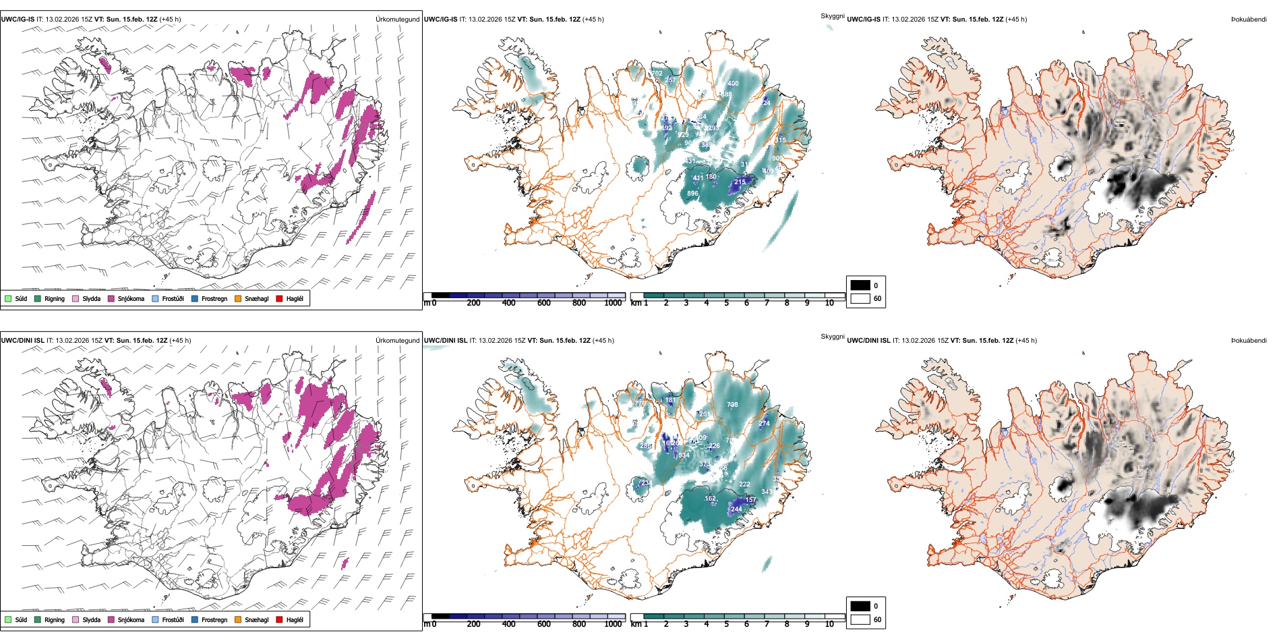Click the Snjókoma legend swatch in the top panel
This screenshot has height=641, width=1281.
[111, 298]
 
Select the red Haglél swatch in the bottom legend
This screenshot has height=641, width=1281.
[280, 619]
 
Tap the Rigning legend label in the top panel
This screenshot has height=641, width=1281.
[55, 298]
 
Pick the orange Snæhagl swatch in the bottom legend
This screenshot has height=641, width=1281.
[238, 619]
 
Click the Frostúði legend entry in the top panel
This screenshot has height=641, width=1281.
[173, 298]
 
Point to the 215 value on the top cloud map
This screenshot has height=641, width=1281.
[740, 182]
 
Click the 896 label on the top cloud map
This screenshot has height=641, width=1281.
[692, 194]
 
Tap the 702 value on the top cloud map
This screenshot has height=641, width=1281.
[656, 74]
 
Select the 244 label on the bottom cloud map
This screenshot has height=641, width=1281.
[736, 509]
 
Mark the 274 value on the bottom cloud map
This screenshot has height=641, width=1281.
[764, 424]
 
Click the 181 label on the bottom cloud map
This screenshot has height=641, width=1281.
[670, 400]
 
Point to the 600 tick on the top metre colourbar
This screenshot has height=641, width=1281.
[543, 304]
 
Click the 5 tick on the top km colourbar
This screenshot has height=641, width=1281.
[726, 304]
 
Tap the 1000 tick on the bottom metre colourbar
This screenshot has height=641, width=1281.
[613, 624]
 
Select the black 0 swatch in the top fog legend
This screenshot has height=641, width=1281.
[860, 285]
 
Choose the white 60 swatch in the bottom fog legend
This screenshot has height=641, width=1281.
[860, 619]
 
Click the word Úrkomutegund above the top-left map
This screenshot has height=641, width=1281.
[397, 20]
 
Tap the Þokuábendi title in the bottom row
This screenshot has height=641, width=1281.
[1249, 341]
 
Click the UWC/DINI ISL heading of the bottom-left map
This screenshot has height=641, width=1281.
[22, 341]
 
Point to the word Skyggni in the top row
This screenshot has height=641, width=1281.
[832, 16]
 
